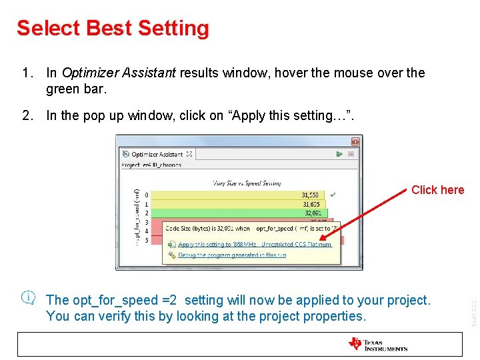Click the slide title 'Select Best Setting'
pyautogui.click(x=113, y=28)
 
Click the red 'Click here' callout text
pyautogui.click(x=437, y=190)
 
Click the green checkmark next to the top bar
pyautogui.click(x=333, y=194)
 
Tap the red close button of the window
pyautogui.click(x=355, y=141)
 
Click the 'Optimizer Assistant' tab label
pyautogui.click(x=157, y=154)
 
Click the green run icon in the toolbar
pyautogui.click(x=339, y=154)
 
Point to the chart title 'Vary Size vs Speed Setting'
pyautogui.click(x=247, y=182)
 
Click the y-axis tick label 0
pyautogui.click(x=147, y=195)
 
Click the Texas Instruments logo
pyautogui.click(x=377, y=344)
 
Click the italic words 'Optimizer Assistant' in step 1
pyautogui.click(x=119, y=73)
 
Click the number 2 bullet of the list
pyautogui.click(x=27, y=115)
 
